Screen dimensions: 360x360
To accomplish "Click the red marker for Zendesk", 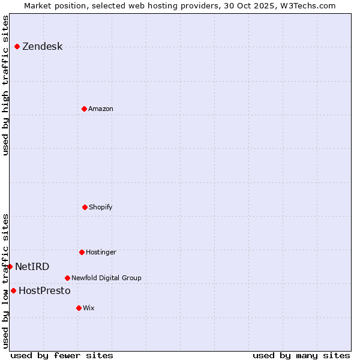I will tap(17, 47).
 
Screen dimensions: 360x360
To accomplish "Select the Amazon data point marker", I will tap(85, 109).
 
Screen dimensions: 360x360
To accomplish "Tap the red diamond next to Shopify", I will tap(85, 207).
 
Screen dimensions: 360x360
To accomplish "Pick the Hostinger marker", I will tap(82, 252).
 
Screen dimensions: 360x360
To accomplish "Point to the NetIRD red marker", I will tap(10, 266).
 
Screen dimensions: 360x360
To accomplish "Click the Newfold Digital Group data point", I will tap(67, 278).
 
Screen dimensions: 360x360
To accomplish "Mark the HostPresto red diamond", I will tap(13, 290).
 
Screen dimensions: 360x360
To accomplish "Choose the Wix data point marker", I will tap(79, 308).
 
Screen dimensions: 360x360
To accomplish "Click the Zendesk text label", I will tap(42, 47).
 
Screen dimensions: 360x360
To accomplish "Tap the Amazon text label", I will tap(101, 109).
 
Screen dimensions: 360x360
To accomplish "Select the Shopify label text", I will tap(101, 207).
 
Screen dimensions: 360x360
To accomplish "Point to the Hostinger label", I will tap(101, 252).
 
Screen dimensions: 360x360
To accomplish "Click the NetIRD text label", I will tap(32, 266).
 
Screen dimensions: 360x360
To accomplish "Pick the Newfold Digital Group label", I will tap(106, 278).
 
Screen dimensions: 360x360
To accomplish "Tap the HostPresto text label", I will tap(44, 290).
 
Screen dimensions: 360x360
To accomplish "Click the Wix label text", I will tap(89, 308).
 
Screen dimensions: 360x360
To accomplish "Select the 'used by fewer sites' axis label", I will tap(62, 355).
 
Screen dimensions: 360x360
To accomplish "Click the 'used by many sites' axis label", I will tap(301, 355).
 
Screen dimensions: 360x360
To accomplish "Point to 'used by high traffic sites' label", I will tap(5, 85).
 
